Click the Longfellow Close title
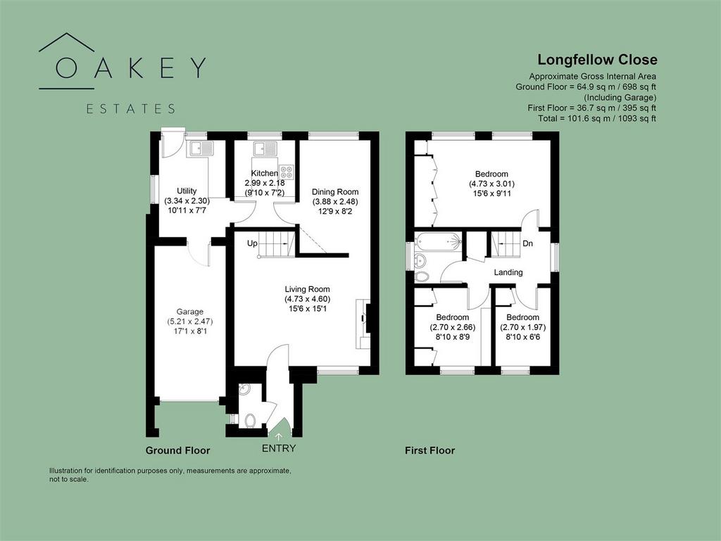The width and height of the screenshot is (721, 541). click(x=597, y=60)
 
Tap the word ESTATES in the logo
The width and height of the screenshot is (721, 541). click(x=131, y=109)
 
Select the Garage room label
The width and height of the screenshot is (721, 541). click(x=189, y=312)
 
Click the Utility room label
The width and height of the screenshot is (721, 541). click(x=187, y=191)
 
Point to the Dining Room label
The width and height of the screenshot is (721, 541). click(x=335, y=192)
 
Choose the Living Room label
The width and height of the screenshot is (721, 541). click(x=307, y=289)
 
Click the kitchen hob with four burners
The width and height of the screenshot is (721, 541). click(x=286, y=171)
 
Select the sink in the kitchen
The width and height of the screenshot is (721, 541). click(x=265, y=149)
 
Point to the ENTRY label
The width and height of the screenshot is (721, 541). click(x=279, y=448)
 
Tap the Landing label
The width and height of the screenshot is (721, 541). click(x=508, y=272)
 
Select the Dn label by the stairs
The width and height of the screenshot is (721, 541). click(x=527, y=243)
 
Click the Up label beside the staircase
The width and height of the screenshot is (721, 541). click(x=252, y=243)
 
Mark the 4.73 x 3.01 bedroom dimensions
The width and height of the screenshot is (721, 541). click(x=491, y=184)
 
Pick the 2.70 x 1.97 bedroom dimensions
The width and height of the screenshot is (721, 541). click(x=523, y=327)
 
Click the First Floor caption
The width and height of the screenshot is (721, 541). click(x=430, y=450)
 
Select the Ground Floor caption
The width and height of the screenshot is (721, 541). click(x=177, y=450)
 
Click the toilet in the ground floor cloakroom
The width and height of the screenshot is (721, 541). click(x=250, y=420)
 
